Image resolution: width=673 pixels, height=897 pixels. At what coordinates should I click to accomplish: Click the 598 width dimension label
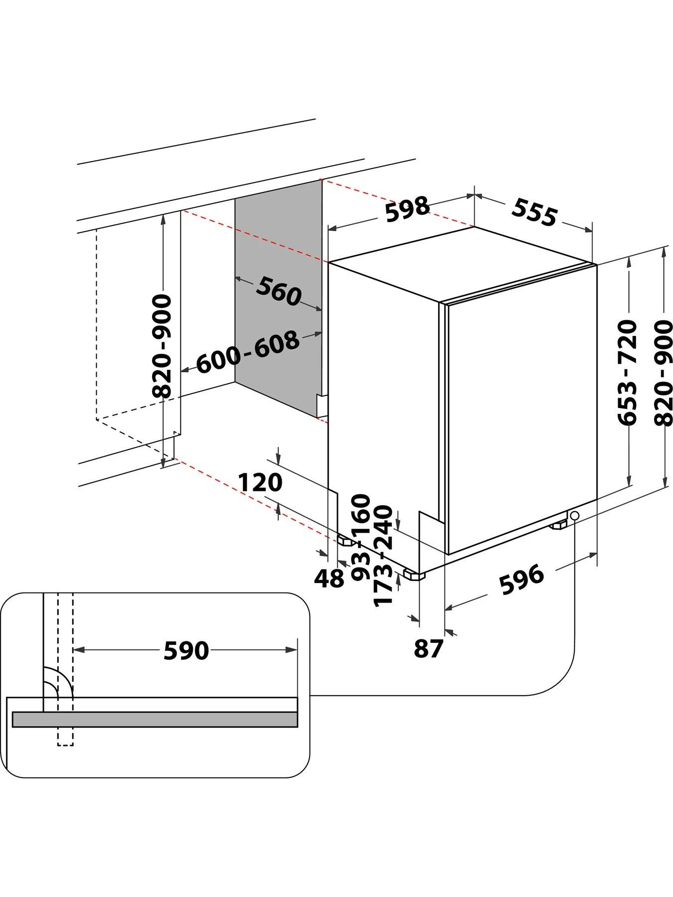point(407,209)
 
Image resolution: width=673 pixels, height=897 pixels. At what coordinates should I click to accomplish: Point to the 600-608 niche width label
point(248,352)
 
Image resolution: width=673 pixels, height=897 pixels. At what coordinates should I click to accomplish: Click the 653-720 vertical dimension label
point(627,372)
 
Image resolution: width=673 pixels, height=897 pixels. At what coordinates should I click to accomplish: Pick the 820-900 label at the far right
point(664,372)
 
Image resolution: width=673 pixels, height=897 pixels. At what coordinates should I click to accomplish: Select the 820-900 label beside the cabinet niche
point(162,346)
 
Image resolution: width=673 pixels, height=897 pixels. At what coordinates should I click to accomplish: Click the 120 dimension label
point(260,482)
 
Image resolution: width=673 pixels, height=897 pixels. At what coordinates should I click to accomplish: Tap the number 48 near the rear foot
point(329,578)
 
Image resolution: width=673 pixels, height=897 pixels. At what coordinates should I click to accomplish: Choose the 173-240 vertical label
point(384,556)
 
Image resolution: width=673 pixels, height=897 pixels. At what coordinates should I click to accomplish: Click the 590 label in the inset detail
point(186,650)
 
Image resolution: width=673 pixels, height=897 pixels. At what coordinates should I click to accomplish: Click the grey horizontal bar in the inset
point(155,719)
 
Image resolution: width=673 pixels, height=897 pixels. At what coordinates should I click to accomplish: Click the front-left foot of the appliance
point(415,576)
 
